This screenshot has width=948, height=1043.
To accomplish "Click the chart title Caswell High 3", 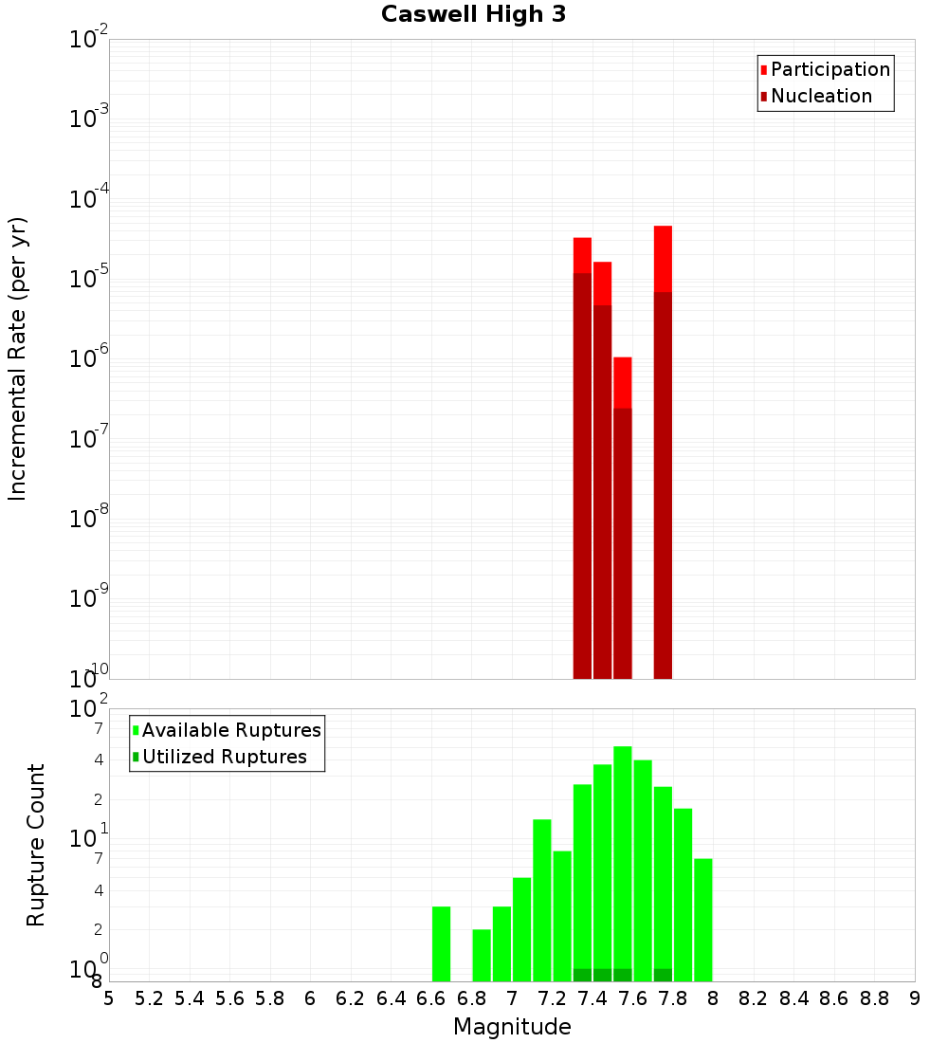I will click(473, 15).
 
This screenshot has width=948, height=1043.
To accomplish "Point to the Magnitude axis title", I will click(512, 1027).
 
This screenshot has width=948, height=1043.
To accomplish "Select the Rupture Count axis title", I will click(36, 845).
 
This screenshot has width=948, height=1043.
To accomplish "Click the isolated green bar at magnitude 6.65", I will click(441, 943).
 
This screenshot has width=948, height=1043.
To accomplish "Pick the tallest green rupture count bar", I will click(623, 863).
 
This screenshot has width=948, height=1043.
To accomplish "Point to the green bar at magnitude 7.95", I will click(702, 920).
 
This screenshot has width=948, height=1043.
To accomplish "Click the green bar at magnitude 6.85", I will click(482, 955).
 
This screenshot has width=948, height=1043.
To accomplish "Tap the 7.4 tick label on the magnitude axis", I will click(592, 998).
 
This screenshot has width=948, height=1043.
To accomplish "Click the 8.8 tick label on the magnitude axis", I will click(874, 998).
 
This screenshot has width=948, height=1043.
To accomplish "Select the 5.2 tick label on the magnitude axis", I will click(149, 998).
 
